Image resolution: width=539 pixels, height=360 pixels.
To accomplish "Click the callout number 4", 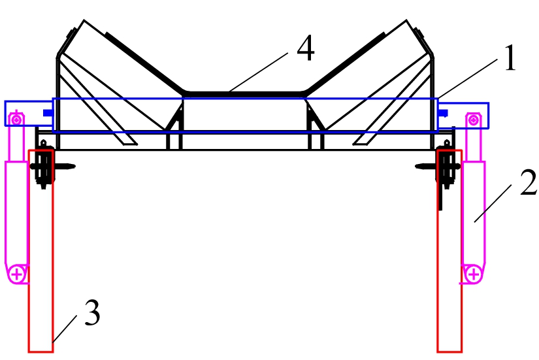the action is [306, 48].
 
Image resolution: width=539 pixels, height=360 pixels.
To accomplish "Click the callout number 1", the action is [511, 57].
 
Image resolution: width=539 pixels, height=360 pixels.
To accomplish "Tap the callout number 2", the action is [529, 182].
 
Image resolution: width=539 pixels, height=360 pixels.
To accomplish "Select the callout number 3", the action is [93, 312].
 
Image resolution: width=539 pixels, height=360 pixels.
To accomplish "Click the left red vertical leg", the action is [41, 251].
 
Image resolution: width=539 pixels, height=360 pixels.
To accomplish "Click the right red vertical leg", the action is [449, 251].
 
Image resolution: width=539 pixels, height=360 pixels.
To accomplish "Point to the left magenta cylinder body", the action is [16, 212].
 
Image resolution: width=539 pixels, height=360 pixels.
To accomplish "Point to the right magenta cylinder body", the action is [474, 212].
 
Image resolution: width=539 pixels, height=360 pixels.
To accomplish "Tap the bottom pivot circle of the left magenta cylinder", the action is [16, 274].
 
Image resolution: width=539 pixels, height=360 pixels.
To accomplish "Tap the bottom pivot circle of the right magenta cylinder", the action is [474, 274].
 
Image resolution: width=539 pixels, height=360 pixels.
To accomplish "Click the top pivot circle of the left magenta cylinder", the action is [16, 120].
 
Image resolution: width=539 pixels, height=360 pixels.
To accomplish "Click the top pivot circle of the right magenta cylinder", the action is [474, 120].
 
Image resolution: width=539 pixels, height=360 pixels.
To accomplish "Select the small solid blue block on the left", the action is [48, 113].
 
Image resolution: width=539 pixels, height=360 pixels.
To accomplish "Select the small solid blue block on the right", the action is [444, 113].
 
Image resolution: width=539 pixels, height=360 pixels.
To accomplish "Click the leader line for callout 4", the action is [259, 73].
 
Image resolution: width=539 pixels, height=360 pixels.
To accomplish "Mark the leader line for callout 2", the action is [493, 203].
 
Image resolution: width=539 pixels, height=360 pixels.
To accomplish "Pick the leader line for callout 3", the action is [65, 329].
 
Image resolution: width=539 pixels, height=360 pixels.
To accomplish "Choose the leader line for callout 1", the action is [468, 78].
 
